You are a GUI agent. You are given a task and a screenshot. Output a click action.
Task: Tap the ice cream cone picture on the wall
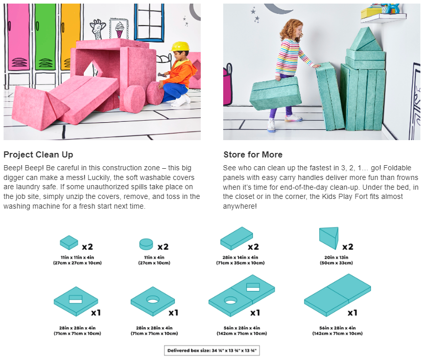pos(119,29)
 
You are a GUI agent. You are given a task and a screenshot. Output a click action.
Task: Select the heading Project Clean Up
pos(38,154)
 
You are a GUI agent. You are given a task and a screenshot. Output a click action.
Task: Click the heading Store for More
pos(253,154)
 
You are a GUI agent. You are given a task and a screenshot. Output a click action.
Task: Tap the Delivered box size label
pos(212,350)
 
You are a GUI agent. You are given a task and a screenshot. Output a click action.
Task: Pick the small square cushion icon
pos(69,242)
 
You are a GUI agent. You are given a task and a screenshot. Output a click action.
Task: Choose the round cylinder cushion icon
pos(146,244)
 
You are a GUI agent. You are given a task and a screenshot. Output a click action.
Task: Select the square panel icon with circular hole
pos(153,301)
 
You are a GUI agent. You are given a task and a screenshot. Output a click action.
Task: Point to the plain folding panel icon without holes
pos(338,295)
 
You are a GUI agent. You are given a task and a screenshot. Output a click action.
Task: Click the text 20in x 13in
pos(336,257)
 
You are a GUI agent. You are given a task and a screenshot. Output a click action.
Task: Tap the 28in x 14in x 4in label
pos(241,257)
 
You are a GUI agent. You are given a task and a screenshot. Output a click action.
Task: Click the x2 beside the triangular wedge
pos(348,246)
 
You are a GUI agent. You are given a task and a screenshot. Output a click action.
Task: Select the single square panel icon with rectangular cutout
pos(76,301)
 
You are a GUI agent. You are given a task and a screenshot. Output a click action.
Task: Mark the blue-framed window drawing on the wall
pos(149,22)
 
